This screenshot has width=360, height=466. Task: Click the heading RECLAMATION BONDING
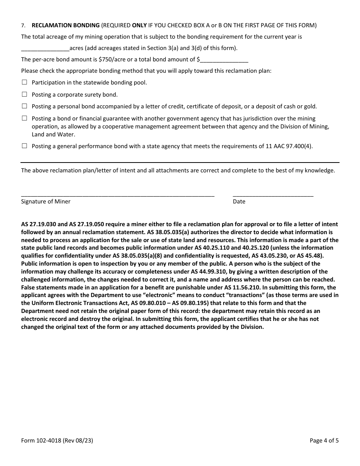tap(66, 25)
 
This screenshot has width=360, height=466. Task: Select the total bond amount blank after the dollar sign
tap(224, 60)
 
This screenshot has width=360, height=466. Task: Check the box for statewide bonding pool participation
tap(25, 82)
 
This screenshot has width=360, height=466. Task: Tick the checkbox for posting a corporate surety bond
tap(25, 94)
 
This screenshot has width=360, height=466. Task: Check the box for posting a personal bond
tap(25, 106)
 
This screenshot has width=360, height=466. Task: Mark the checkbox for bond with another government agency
tap(25, 119)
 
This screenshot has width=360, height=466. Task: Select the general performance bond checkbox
tap(25, 146)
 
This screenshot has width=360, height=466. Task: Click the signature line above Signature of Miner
tap(117, 194)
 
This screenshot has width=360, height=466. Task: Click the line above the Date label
tap(273, 194)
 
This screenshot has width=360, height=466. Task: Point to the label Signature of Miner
tap(46, 202)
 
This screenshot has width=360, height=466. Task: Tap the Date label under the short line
tap(239, 202)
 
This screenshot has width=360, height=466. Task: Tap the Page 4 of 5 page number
tap(324, 441)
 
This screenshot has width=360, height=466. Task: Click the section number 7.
tap(23, 26)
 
